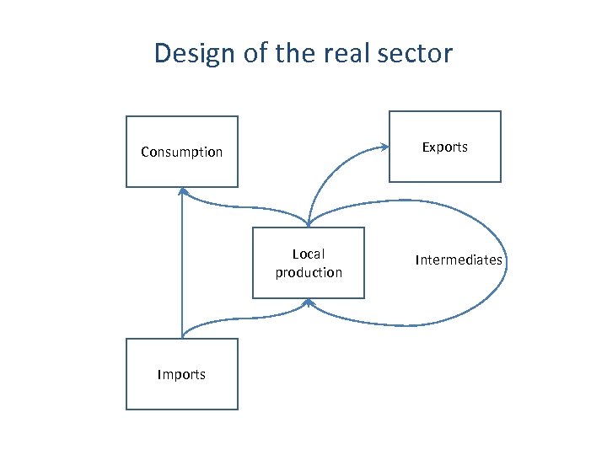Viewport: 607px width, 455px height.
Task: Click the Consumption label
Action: point(182,153)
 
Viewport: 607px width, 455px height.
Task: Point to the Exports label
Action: point(444,147)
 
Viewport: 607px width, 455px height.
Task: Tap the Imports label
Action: point(181,375)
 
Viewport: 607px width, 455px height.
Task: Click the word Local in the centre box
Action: point(309,254)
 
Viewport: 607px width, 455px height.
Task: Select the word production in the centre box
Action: point(309,273)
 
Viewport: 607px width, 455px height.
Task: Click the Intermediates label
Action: point(459,260)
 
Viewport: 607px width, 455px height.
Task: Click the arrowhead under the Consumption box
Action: point(182,191)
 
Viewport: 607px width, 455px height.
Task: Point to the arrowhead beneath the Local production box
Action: point(309,302)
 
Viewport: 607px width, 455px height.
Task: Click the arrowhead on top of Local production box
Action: point(309,223)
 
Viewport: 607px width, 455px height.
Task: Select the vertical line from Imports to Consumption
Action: point(181,270)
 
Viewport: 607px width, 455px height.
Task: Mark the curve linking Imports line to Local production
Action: point(244,318)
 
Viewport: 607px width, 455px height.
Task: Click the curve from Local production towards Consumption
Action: point(244,207)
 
